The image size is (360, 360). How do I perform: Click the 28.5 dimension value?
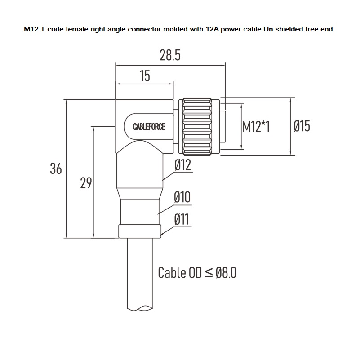click(170, 55)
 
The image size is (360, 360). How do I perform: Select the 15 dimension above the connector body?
click(144, 76)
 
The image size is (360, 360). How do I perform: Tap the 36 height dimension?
click(56, 169)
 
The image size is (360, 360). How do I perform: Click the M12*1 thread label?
click(256, 127)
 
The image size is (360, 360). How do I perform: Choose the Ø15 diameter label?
click(302, 126)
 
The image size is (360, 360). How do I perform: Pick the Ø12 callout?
click(182, 165)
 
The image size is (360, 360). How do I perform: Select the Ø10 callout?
click(182, 197)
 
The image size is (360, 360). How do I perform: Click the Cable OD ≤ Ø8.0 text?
click(197, 272)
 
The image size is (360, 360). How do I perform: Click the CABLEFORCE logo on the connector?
click(149, 127)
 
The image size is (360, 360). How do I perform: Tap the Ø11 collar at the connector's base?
click(140, 231)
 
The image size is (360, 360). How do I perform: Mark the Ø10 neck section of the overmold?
click(140, 211)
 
